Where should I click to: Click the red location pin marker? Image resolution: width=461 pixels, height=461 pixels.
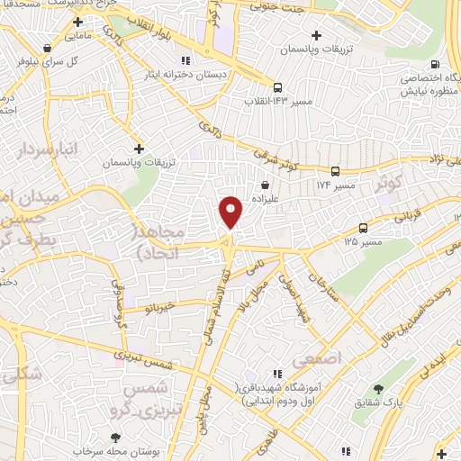(x=232, y=211)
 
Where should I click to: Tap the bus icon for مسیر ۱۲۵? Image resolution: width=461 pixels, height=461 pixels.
(x=364, y=228)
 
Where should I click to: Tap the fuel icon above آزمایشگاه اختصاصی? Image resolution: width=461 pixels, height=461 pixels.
(x=436, y=64)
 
